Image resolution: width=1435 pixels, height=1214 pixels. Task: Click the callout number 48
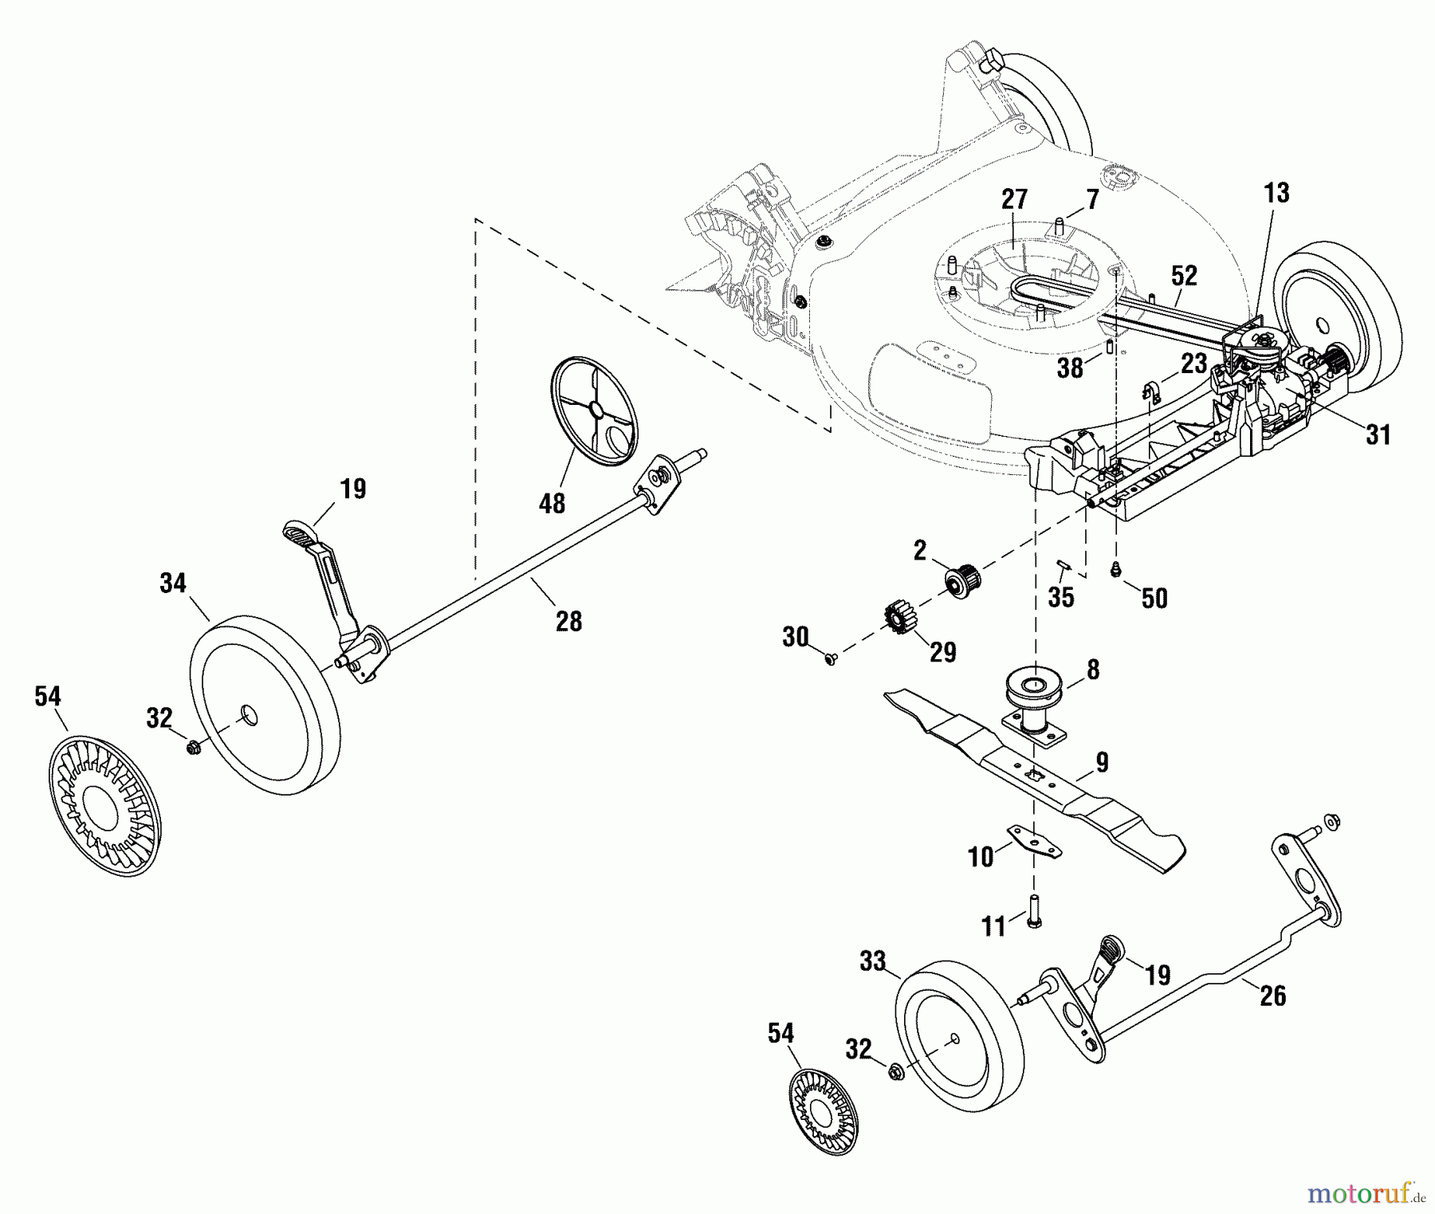pyautogui.click(x=552, y=503)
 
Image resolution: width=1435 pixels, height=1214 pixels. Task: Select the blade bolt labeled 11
pyautogui.click(x=1034, y=910)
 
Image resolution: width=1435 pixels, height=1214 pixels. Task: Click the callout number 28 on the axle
pyautogui.click(x=568, y=621)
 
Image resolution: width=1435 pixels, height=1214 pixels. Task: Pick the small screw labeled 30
pyautogui.click(x=831, y=659)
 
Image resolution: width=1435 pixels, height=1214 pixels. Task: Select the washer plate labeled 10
pyautogui.click(x=1034, y=843)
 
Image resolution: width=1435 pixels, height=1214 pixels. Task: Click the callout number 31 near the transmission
pyautogui.click(x=1378, y=434)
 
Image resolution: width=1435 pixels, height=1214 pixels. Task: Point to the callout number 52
pyautogui.click(x=1184, y=276)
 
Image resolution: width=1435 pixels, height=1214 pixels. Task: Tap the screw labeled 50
pyautogui.click(x=1117, y=568)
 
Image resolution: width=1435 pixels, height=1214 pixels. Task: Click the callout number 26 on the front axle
pyautogui.click(x=1272, y=996)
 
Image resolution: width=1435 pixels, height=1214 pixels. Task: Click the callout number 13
pyautogui.click(x=1276, y=193)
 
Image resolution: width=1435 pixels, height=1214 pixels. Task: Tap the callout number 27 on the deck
pyautogui.click(x=1014, y=199)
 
